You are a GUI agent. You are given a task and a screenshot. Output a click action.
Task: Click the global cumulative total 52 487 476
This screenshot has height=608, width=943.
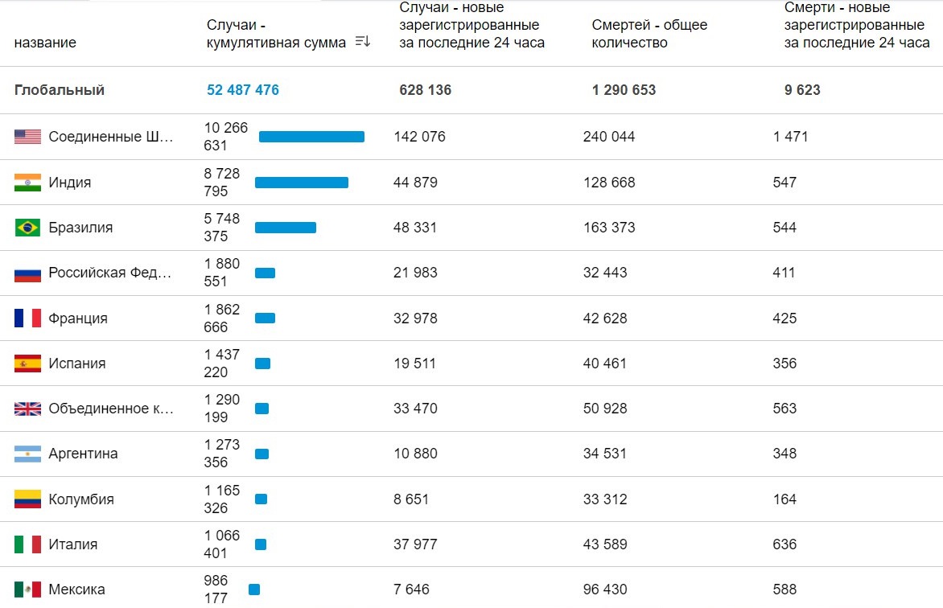(x=243, y=90)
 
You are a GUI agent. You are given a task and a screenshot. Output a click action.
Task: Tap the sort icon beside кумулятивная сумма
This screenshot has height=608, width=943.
(x=363, y=42)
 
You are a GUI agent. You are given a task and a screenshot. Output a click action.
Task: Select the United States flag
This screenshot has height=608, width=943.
(x=27, y=137)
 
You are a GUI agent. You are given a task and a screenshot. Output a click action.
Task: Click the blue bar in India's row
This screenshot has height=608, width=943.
(x=302, y=183)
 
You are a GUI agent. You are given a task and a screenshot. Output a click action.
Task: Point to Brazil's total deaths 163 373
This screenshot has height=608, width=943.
(x=609, y=228)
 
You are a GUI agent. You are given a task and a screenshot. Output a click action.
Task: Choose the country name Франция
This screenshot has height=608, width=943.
(x=78, y=318)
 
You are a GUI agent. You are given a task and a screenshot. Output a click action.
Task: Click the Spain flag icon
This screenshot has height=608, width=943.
(x=27, y=364)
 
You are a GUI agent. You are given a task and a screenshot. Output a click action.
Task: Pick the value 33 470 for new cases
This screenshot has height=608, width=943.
(x=416, y=409)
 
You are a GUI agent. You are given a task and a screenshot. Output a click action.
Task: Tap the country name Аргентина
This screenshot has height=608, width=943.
(x=83, y=454)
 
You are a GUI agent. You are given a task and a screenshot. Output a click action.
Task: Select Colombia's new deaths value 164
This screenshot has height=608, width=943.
(x=784, y=499)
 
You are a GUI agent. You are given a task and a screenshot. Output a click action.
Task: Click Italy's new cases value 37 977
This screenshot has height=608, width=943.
(x=416, y=544)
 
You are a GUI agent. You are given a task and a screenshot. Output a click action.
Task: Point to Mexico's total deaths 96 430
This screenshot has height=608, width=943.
(x=605, y=590)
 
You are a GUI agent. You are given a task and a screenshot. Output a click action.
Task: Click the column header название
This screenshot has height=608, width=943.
(x=45, y=43)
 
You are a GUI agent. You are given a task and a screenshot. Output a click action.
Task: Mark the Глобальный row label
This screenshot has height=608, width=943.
(x=60, y=90)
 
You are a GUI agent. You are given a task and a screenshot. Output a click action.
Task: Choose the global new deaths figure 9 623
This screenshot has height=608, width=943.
(x=802, y=90)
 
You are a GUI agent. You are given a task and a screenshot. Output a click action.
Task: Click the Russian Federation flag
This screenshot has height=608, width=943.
(x=27, y=273)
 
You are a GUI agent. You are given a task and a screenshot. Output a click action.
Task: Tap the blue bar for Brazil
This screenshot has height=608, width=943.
(x=286, y=228)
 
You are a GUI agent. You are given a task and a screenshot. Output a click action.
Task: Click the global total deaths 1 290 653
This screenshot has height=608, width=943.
(x=624, y=90)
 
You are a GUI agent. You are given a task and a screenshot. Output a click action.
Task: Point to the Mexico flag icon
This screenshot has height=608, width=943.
(x=27, y=590)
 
